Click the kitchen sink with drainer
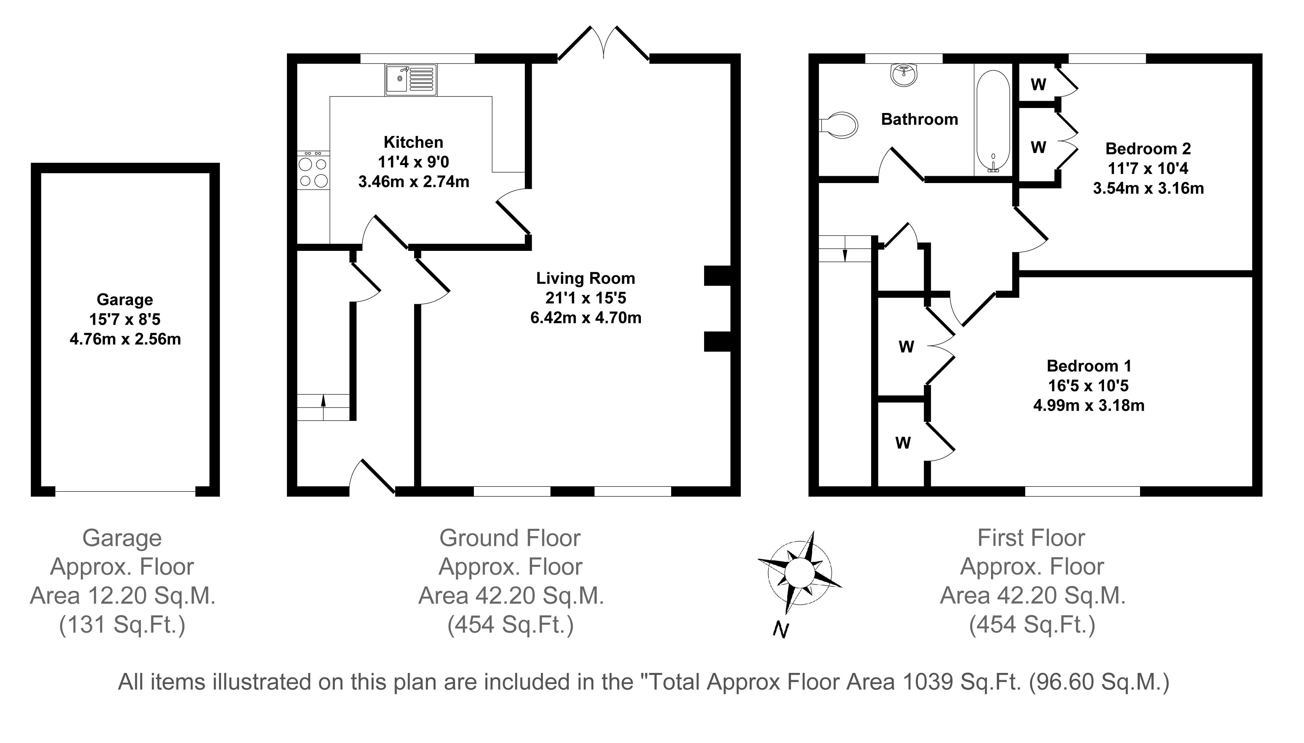point(411,80)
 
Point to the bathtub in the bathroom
point(993,121)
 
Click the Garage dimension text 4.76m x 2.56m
point(125,339)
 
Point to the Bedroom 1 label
point(1089,366)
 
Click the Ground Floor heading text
point(510,538)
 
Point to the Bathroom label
point(920,119)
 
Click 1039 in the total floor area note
point(924,682)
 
